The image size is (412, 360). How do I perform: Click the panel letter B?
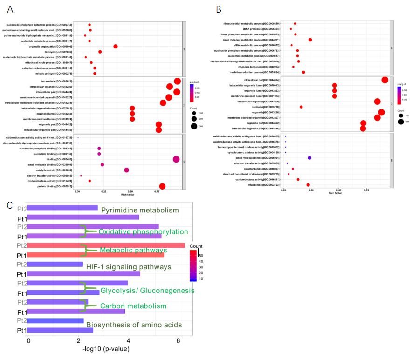(218, 9)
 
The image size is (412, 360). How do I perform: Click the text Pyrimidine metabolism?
(140, 211)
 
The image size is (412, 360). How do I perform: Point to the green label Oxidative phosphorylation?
(144, 231)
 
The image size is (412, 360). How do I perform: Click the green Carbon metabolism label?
(133, 306)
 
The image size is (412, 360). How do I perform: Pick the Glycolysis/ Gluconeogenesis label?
(147, 291)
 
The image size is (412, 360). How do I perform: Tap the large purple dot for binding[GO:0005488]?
(176, 159)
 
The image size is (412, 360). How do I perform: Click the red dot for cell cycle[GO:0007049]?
(100, 52)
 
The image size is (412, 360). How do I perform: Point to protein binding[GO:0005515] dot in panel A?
(162, 186)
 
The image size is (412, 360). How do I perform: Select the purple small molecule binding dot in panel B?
(309, 158)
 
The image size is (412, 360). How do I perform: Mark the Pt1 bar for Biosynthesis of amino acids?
(61, 330)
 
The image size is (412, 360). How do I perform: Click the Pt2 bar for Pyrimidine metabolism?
(62, 208)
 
